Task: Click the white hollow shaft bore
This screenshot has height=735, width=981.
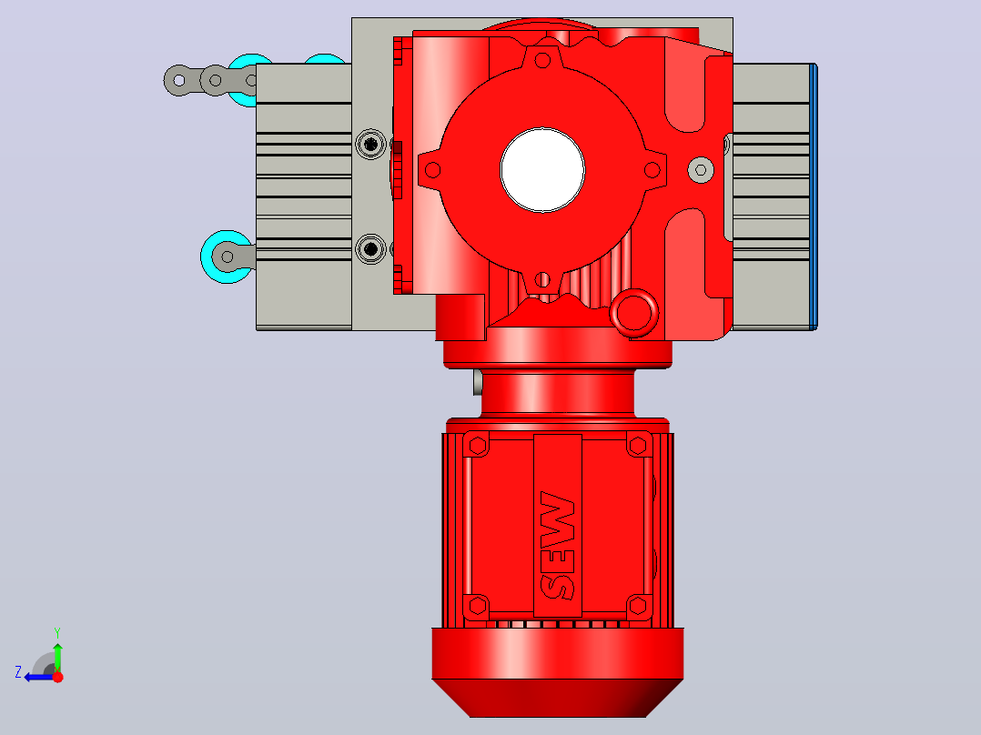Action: coord(542,169)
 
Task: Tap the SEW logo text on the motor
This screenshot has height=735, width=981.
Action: coord(558,545)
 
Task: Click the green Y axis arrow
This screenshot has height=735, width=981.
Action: coord(57,650)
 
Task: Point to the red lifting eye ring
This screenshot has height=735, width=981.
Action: coord(633,314)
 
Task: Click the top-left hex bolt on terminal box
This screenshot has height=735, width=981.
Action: coord(478,446)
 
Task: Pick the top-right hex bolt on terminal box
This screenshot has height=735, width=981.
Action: coord(638,446)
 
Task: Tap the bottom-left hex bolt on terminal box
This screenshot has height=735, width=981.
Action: coord(478,606)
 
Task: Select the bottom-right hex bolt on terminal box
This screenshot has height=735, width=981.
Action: coord(638,606)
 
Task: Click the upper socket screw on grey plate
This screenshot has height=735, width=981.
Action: coord(371,145)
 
